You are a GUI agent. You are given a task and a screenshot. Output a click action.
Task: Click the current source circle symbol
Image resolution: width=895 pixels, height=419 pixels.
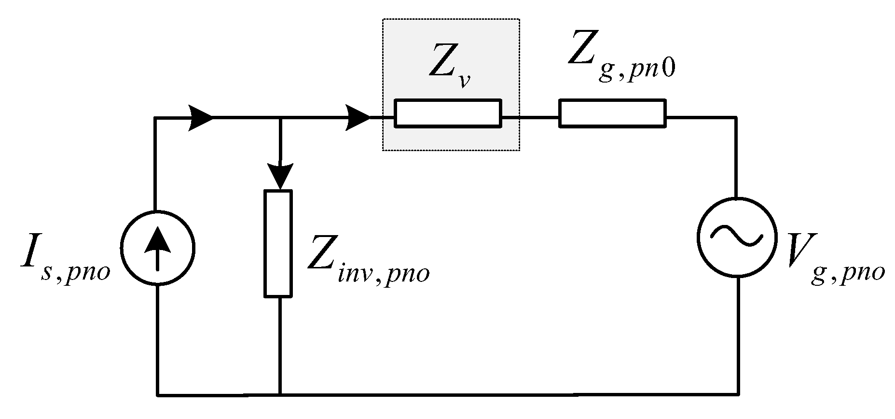pyautogui.click(x=158, y=248)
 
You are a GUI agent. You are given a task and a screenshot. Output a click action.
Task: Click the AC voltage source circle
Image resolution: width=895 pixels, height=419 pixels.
pyautogui.click(x=737, y=237)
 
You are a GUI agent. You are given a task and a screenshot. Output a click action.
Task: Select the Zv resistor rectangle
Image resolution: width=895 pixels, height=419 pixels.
pyautogui.click(x=448, y=113)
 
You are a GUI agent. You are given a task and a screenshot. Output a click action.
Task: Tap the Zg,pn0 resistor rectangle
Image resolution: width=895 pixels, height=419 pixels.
pyautogui.click(x=612, y=113)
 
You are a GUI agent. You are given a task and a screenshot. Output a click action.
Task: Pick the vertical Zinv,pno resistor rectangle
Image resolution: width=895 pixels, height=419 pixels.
pyautogui.click(x=278, y=244)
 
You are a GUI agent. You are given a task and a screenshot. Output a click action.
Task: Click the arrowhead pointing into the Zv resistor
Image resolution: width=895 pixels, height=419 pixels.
pyautogui.click(x=358, y=117)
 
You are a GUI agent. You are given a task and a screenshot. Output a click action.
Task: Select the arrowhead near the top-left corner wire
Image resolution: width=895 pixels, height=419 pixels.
pyautogui.click(x=200, y=117)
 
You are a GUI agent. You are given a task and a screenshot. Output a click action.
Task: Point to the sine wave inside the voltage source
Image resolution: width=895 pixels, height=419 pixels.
pyautogui.click(x=737, y=237)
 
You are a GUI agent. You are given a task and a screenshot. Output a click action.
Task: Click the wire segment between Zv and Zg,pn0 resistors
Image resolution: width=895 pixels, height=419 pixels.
pyautogui.click(x=530, y=117)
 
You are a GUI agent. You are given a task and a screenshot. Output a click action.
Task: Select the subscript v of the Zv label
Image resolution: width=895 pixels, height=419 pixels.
pyautogui.click(x=464, y=81)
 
